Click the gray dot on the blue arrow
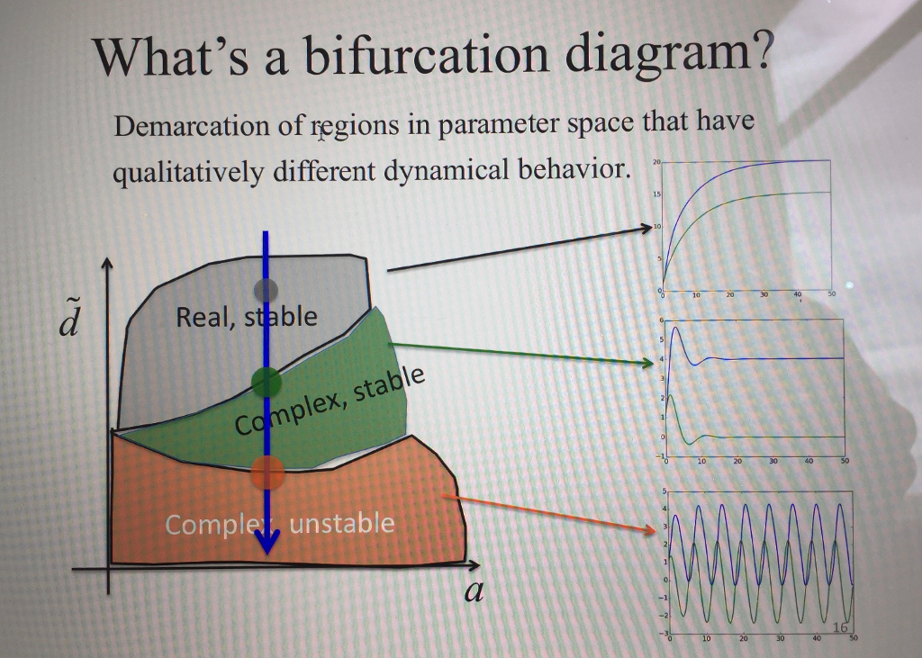point(266,289)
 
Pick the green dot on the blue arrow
point(266,382)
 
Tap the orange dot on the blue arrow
point(267,470)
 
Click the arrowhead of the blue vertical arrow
point(267,544)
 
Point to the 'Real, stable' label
point(247,317)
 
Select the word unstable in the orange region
point(342,523)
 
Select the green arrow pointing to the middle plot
point(522,354)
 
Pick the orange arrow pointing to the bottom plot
point(549,513)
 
